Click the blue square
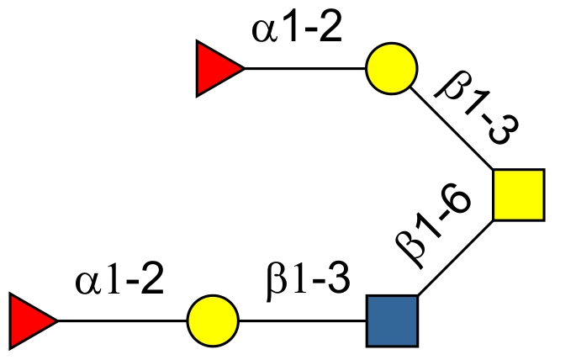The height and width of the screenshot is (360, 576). pyautogui.click(x=392, y=320)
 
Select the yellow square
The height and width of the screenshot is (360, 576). pyautogui.click(x=518, y=194)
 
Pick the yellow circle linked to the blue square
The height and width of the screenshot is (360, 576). pyautogui.click(x=214, y=320)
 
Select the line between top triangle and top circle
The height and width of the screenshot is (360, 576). pyautogui.click(x=304, y=68)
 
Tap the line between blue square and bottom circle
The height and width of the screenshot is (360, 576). pyautogui.click(x=303, y=320)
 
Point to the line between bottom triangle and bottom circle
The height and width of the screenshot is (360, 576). pyautogui.click(x=122, y=320)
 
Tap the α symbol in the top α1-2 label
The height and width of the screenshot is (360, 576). pyautogui.click(x=263, y=33)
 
